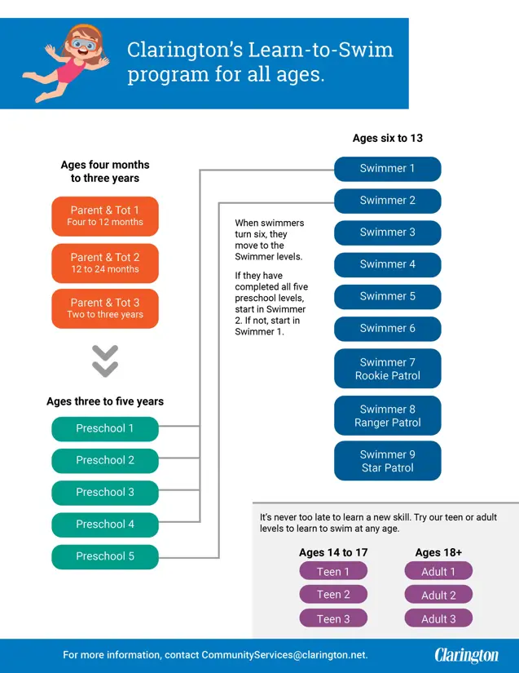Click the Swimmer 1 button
pyautogui.click(x=388, y=169)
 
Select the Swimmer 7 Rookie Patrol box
pyautogui.click(x=388, y=369)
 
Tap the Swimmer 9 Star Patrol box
pyautogui.click(x=388, y=461)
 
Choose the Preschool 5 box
pyautogui.click(x=105, y=556)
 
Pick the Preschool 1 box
pyautogui.click(x=105, y=428)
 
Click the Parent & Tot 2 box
pyautogui.click(x=105, y=263)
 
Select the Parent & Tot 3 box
pyautogui.click(x=105, y=308)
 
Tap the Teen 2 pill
pyautogui.click(x=333, y=595)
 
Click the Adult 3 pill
pyautogui.click(x=438, y=618)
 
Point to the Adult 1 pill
pyautogui.click(x=438, y=572)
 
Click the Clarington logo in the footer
pyautogui.click(x=466, y=655)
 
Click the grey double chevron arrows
pyautogui.click(x=105, y=361)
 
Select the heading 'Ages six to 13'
pyautogui.click(x=388, y=139)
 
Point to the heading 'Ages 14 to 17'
pyautogui.click(x=333, y=552)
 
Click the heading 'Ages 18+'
pyautogui.click(x=438, y=552)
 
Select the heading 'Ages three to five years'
pyautogui.click(x=105, y=401)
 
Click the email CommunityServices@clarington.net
pyautogui.click(x=284, y=655)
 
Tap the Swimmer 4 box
pyautogui.click(x=388, y=264)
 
